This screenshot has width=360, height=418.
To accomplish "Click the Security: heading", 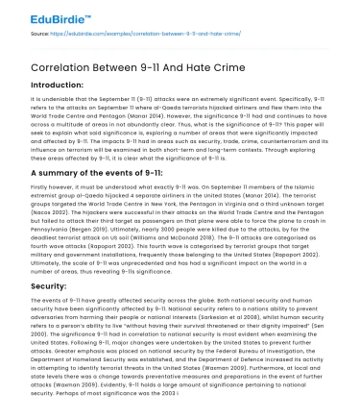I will click(x=26, y=287).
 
